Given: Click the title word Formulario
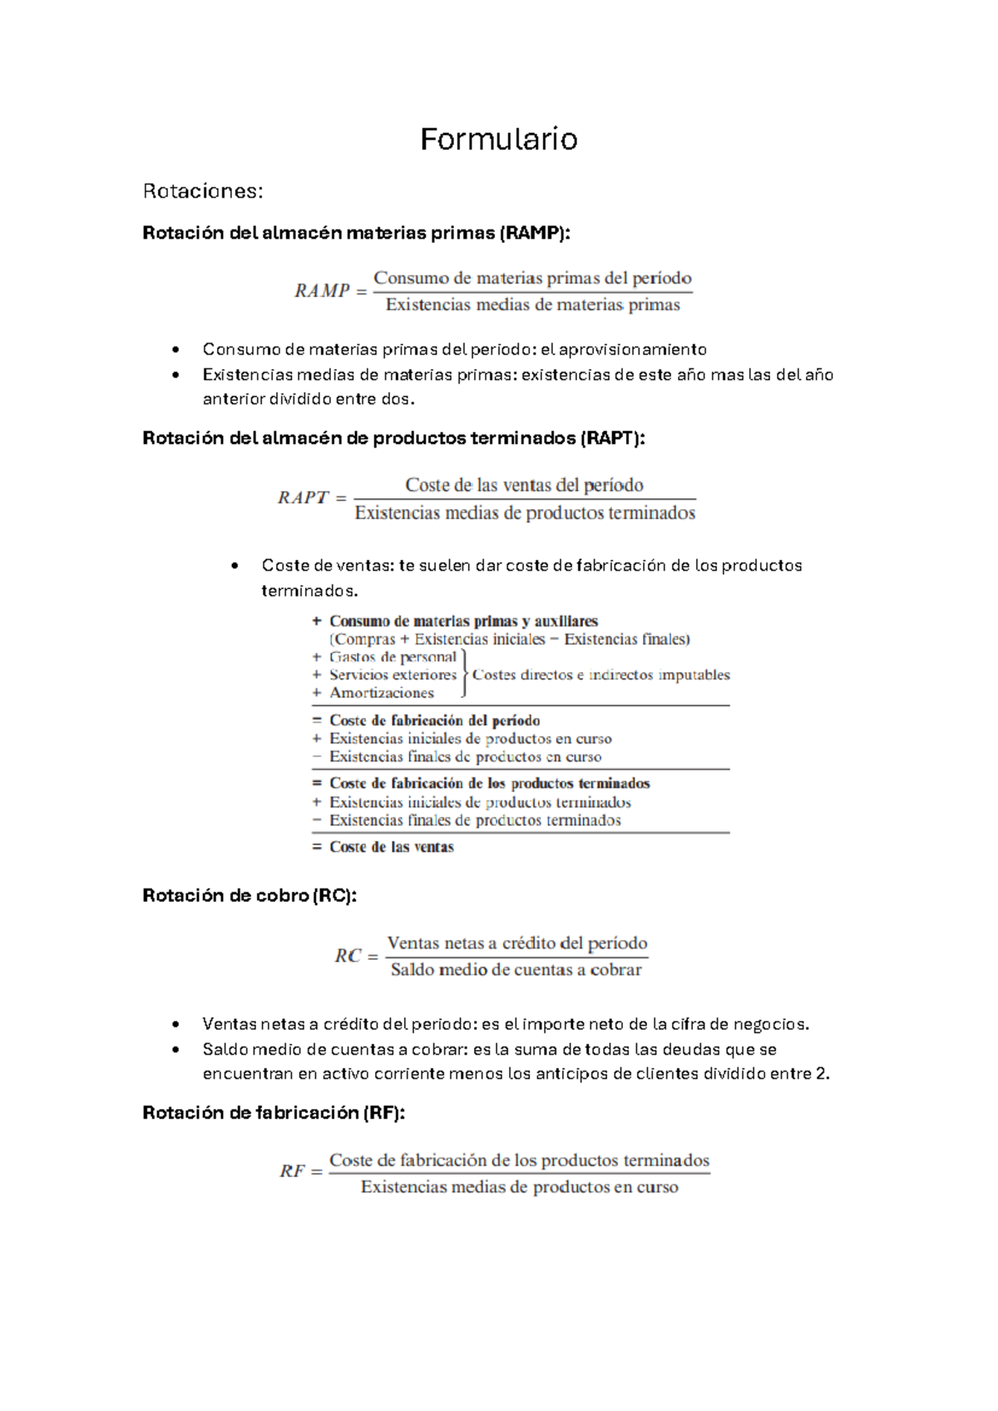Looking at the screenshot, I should (x=498, y=139).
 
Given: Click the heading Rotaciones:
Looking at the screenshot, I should (x=202, y=191).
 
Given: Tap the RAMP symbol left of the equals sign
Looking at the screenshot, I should (x=322, y=290).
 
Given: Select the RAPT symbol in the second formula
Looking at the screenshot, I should (x=303, y=498).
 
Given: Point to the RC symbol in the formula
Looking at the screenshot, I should (x=348, y=956).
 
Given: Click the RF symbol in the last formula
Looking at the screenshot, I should (x=292, y=1171).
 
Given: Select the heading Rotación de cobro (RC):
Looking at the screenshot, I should (x=249, y=896).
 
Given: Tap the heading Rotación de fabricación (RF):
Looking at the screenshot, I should (x=274, y=1113).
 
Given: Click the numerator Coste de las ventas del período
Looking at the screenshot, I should (x=524, y=485).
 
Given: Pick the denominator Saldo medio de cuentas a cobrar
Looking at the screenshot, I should (x=516, y=970).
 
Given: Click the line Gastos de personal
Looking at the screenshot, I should (x=393, y=657).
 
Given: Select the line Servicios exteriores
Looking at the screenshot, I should (x=393, y=675).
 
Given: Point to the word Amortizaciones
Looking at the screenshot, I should (x=382, y=693).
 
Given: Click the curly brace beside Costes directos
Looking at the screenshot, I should (x=464, y=675).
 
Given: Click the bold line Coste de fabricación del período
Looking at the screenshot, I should (x=434, y=720).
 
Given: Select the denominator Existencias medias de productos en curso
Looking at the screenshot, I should (x=519, y=1187).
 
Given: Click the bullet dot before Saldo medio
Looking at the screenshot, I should (x=175, y=1050).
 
